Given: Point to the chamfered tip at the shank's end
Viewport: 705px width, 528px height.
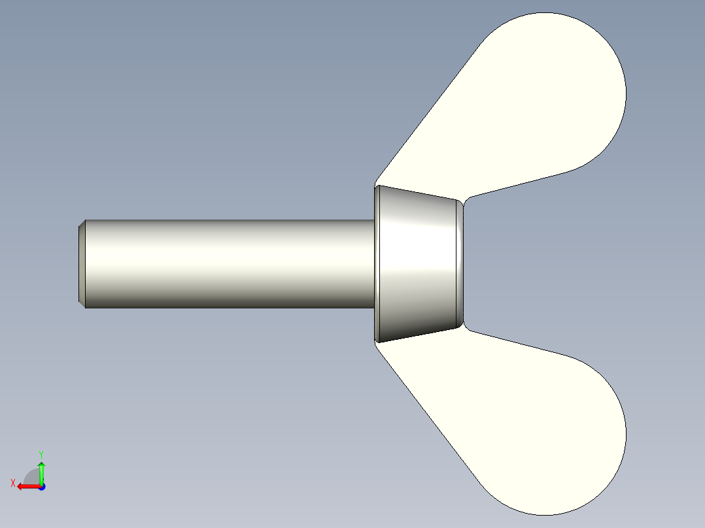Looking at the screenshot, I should tap(82, 263).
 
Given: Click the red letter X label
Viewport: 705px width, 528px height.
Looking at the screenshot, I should tap(13, 483).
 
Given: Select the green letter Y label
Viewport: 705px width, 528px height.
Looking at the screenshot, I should tap(41, 454).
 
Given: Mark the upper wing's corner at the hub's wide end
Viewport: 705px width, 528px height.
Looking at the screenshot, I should tap(377, 182).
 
